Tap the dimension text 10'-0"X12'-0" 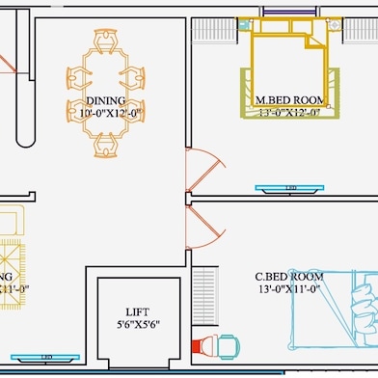(x=108, y=113)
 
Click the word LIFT (x=137, y=311)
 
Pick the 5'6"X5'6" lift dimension (x=137, y=324)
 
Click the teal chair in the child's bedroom (x=228, y=344)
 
